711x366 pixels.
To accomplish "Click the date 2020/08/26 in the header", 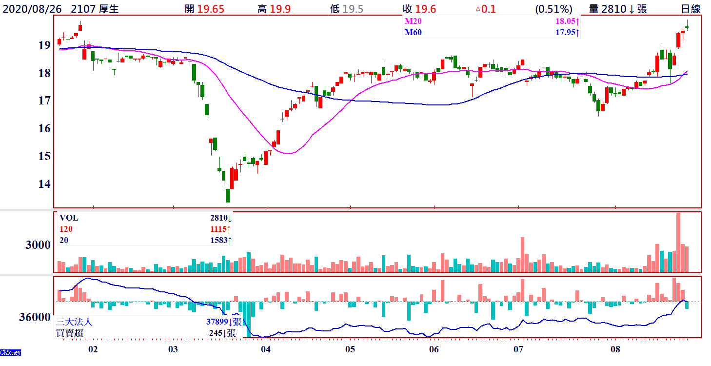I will click(33, 9).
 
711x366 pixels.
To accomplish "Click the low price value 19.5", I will click(354, 9).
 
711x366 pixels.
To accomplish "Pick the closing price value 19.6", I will click(426, 9).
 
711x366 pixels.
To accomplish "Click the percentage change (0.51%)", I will click(553, 9).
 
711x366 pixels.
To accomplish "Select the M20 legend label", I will click(413, 21).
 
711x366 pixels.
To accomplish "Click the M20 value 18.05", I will click(566, 21).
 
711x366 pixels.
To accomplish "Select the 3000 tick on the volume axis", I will click(38, 245).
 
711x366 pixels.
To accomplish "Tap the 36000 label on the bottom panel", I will click(35, 317).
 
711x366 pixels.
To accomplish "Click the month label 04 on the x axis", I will click(266, 349).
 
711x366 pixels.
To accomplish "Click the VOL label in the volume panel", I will click(69, 218).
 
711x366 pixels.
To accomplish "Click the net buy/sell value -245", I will click(215, 333).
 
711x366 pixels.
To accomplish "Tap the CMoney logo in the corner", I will click(10, 352).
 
